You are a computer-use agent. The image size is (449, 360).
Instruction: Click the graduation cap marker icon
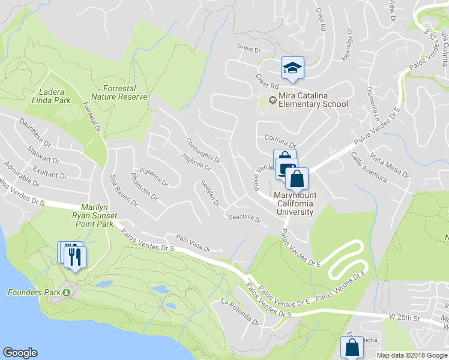[292, 68]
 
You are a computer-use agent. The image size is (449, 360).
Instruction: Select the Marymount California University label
[294, 203]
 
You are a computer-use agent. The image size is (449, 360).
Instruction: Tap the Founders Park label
[34, 292]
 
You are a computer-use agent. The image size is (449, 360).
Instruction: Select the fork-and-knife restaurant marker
[74, 256]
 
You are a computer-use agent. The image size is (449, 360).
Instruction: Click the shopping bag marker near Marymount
[297, 179]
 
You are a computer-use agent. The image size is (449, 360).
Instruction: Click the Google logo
[20, 353]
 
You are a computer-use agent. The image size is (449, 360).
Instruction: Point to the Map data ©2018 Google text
[411, 355]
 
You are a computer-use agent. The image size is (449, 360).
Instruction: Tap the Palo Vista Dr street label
[193, 243]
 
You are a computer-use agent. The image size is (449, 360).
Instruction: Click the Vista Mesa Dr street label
[389, 166]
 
